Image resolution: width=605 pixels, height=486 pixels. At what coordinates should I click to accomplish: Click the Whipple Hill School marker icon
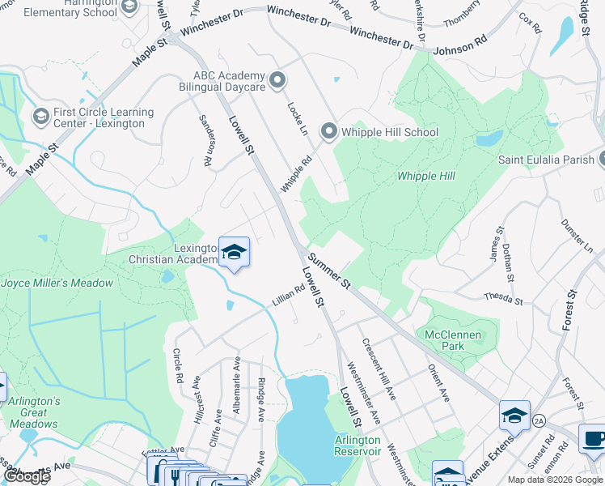328,131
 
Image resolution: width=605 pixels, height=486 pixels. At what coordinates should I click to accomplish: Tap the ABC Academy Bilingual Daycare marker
278,79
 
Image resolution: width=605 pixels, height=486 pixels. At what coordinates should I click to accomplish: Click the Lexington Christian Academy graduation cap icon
234,252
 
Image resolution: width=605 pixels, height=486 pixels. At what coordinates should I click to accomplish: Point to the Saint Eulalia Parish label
546,160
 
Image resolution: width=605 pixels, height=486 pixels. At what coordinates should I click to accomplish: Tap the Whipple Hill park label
426,177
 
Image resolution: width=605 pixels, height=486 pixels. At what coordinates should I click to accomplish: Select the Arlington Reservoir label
357,446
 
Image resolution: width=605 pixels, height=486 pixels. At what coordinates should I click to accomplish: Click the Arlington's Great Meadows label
34,412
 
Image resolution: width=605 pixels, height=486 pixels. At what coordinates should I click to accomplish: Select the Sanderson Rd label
206,140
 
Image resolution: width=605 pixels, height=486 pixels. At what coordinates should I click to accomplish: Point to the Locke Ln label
298,117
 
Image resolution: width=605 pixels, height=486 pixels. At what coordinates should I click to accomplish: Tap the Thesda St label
503,298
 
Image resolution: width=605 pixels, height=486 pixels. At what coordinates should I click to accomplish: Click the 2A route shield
539,420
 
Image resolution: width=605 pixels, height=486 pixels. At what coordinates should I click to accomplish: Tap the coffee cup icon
592,438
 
